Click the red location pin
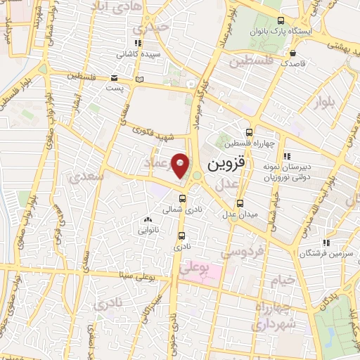tap(181, 165)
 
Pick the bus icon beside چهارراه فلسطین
tap(250, 132)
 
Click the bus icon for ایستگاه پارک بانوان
tap(281, 21)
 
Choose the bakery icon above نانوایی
tap(147, 219)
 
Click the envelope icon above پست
tap(114, 78)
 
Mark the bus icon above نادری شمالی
tap(183, 199)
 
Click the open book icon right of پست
tap(139, 79)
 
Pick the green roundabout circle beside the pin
tap(197, 176)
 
